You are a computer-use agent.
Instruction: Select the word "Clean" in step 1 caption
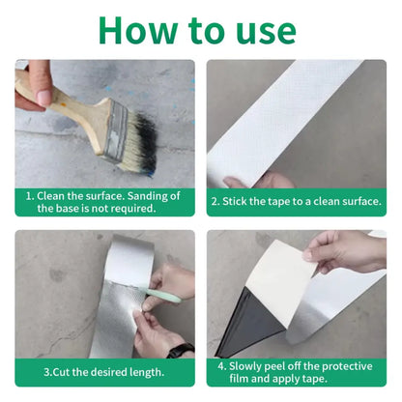[61, 195]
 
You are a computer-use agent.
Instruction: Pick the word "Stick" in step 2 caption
[241, 202]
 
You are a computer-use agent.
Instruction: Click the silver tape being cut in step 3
[106, 290]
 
